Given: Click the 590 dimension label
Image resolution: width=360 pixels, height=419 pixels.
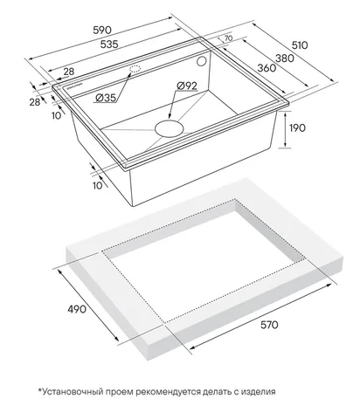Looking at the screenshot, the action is pos(102,30).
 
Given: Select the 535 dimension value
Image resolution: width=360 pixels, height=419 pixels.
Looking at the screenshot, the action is pos(109,45).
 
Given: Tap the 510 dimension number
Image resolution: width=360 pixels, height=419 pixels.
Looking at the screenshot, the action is pos(300,45).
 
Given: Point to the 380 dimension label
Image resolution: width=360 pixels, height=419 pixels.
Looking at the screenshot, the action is pos(285,58).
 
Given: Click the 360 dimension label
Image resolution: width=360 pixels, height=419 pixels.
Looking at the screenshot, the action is pos(267,68).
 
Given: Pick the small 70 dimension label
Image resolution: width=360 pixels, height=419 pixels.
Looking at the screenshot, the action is pos(228,38).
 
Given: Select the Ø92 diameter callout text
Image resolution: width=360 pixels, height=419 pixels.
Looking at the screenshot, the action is pos(187,86).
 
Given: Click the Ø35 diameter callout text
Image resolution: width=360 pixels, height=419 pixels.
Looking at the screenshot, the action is pos(106,98).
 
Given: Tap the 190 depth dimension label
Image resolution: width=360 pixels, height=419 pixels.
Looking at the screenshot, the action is pos(297,127).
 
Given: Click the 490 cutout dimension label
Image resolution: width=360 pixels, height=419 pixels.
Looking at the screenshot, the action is pos(77,309).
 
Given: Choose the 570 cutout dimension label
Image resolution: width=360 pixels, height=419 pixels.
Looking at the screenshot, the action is pos(269,325).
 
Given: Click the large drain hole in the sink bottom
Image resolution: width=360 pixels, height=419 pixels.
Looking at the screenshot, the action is pos(170,128).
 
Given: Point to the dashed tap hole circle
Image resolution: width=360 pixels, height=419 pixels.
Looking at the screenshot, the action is pos(135,69).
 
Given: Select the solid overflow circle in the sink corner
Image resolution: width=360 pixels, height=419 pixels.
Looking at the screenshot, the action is pos(201,61).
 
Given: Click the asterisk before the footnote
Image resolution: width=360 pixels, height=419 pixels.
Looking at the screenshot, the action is pos(40,390).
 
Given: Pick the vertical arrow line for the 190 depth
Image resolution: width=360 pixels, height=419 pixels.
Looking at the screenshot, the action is pos(285,130).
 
